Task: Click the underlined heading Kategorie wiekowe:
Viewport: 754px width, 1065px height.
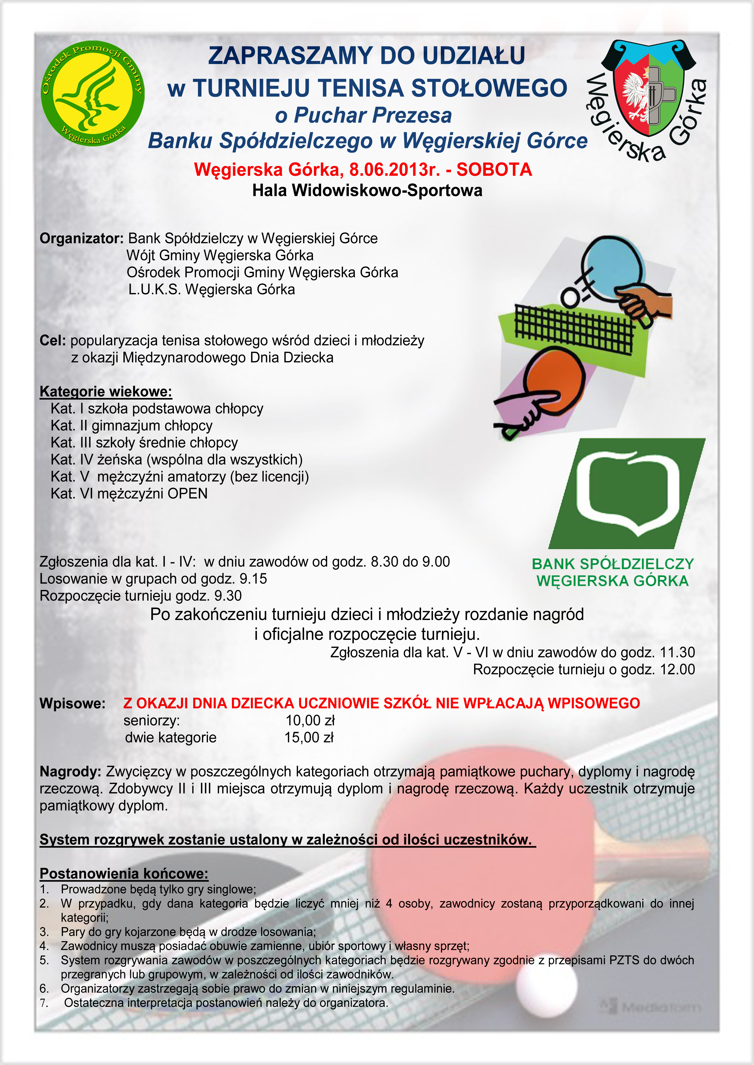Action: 106,392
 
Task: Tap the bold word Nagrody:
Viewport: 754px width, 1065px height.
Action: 70,772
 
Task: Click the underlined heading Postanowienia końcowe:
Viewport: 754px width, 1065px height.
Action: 124,874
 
